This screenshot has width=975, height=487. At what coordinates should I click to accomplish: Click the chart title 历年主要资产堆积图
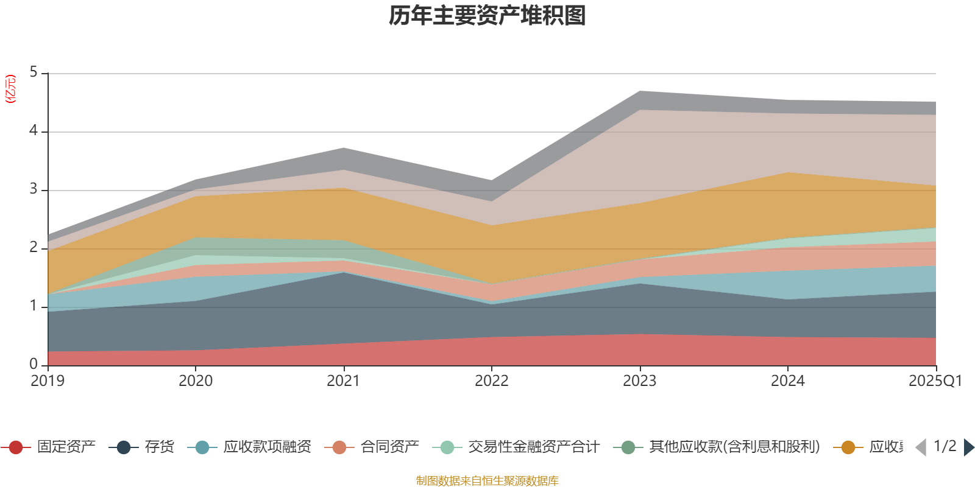click(x=487, y=16)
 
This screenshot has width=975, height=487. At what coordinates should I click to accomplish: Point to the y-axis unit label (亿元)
click(x=10, y=89)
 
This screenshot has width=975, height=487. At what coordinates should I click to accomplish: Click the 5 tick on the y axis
click(x=34, y=72)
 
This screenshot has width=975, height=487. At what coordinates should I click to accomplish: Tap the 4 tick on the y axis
click(x=34, y=131)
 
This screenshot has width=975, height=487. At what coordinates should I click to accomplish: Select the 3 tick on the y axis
click(x=34, y=189)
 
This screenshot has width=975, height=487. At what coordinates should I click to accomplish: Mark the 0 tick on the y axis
click(x=34, y=364)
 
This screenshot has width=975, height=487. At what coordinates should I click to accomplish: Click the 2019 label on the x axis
click(x=48, y=381)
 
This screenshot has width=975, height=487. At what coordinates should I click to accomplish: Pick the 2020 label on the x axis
click(x=196, y=381)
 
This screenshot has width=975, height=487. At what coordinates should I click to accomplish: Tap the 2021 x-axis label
click(x=344, y=381)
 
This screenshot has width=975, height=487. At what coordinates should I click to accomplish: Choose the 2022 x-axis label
click(x=492, y=381)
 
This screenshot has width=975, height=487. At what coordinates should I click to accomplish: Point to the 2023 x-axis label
click(x=639, y=381)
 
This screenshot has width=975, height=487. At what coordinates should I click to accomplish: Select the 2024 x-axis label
click(x=787, y=381)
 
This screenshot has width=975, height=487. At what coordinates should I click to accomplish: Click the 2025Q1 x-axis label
click(x=935, y=381)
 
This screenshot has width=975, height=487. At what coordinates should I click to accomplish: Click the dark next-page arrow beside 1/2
click(x=968, y=447)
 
